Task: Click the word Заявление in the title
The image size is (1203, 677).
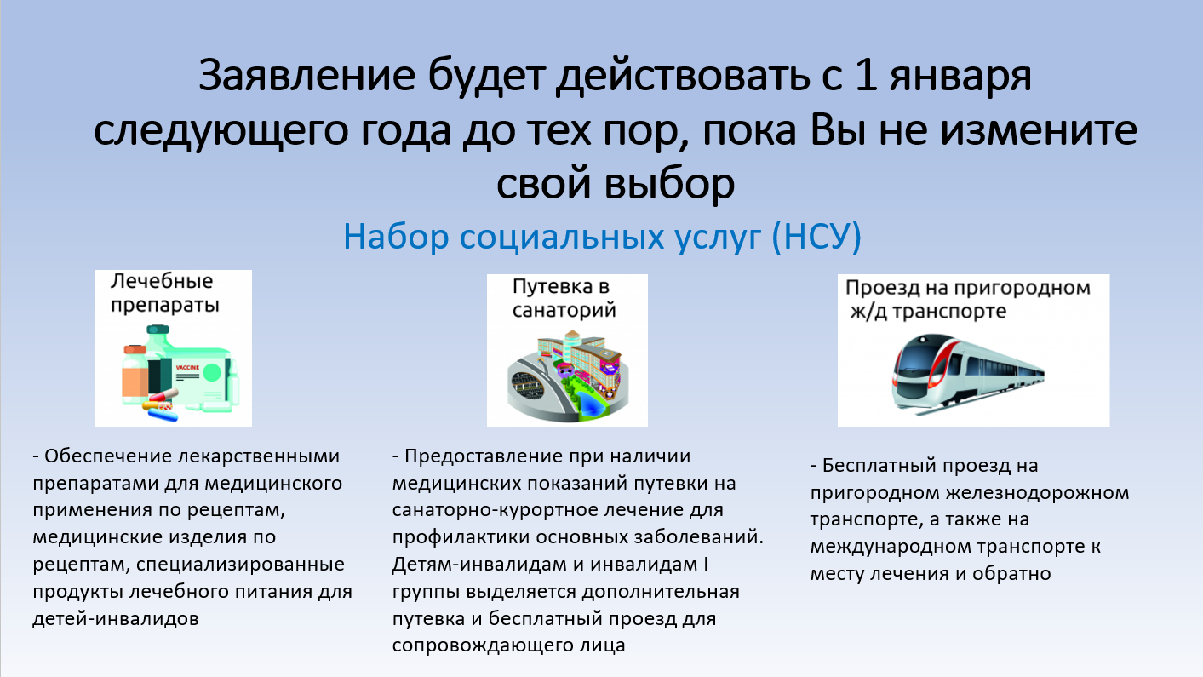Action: [306, 76]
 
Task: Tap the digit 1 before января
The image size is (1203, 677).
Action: [865, 75]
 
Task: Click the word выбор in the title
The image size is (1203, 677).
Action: [669, 183]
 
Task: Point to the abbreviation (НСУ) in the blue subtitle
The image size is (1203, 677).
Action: [816, 237]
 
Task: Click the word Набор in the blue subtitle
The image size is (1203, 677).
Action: [396, 237]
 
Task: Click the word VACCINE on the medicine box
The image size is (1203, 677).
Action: [187, 368]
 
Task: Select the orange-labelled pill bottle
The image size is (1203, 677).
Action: [135, 375]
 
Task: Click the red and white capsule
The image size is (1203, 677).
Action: [163, 396]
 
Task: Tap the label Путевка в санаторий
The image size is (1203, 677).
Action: [564, 298]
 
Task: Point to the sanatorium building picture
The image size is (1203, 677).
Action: [568, 377]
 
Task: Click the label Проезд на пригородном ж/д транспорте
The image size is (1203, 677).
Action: [967, 299]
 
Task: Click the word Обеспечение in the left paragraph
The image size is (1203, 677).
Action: [109, 456]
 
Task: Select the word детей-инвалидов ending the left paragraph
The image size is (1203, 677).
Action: [116, 619]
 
